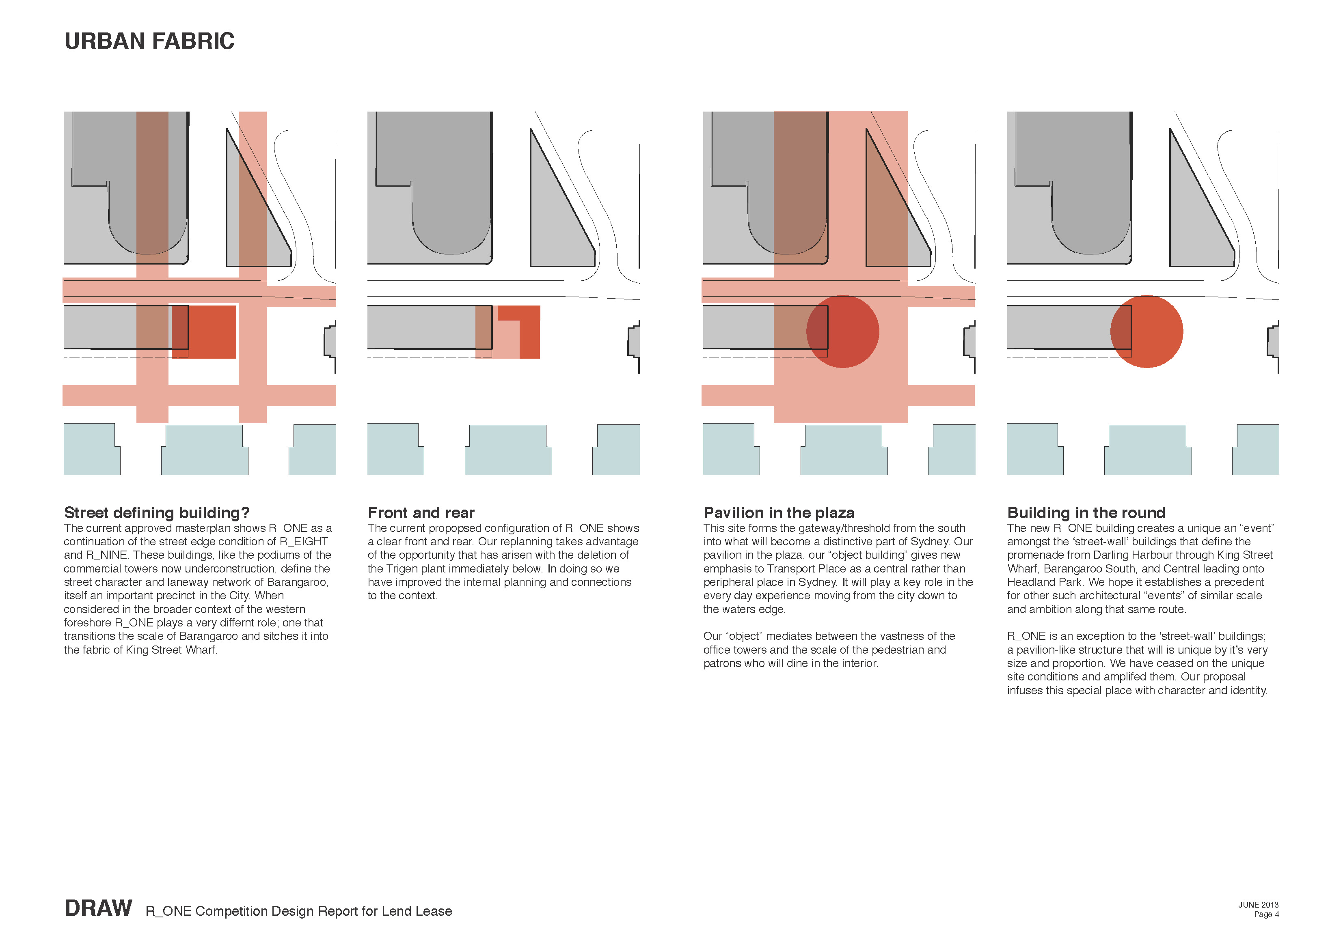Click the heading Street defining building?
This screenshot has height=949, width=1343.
tap(157, 513)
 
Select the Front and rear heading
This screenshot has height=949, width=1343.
tap(421, 513)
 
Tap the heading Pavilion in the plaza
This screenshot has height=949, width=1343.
tap(779, 513)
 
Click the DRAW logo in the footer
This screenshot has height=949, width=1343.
tap(98, 908)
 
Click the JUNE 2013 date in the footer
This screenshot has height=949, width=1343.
tap(1258, 904)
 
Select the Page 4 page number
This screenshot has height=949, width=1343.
tap(1266, 914)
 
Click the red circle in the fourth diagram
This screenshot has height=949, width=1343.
tap(1147, 331)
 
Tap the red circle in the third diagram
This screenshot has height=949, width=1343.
tap(842, 331)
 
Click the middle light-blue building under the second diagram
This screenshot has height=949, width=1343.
tap(508, 450)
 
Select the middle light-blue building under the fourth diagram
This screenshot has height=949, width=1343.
tap(1148, 450)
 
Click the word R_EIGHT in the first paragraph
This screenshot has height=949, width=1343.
tap(304, 542)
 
